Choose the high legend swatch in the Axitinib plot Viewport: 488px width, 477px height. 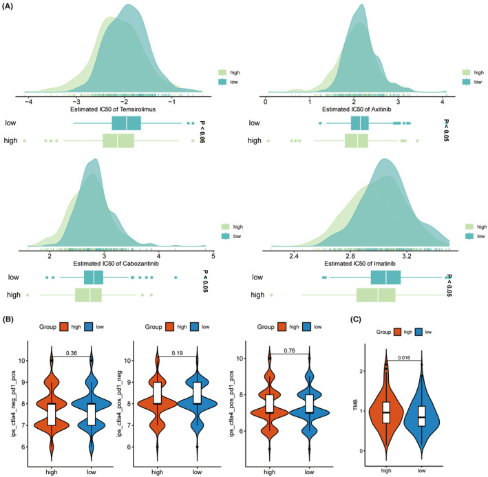467,71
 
